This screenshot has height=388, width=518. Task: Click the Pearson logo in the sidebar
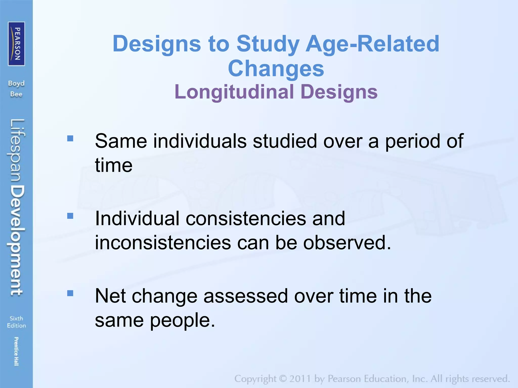coord(16,44)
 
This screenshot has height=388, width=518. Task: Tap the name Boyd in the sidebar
coord(16,83)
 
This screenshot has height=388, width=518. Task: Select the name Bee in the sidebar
coord(16,94)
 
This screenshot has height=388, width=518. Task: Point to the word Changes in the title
coord(276,68)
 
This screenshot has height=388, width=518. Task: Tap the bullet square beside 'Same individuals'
coord(70,138)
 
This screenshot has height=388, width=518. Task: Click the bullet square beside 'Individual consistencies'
coord(70,216)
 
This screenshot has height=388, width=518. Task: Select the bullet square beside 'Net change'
coord(70,293)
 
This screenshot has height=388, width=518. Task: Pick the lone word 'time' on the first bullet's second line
coord(114,165)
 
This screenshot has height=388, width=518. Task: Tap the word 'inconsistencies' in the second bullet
coord(163,243)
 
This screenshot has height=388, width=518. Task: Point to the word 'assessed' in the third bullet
coord(246,296)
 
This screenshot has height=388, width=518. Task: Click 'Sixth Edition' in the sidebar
coord(16,322)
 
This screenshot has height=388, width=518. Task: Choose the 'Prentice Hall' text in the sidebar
coord(16,351)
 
